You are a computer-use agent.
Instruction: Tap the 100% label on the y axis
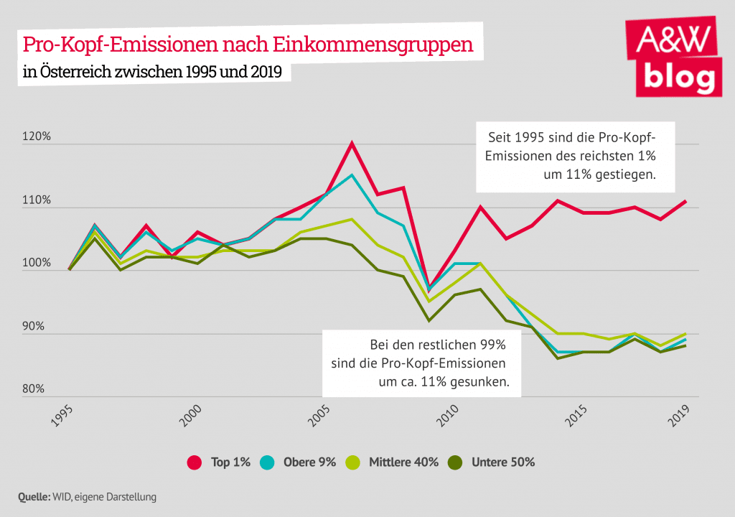tap(37, 264)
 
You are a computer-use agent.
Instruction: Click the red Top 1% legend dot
tap(193, 462)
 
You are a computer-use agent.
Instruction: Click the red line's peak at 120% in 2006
tap(352, 143)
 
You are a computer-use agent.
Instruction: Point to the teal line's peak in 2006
tap(352, 174)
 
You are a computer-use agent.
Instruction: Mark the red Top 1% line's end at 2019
tap(686, 201)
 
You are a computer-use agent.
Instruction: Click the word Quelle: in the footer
tap(33, 496)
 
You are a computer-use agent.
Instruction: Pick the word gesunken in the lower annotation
tap(477, 382)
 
